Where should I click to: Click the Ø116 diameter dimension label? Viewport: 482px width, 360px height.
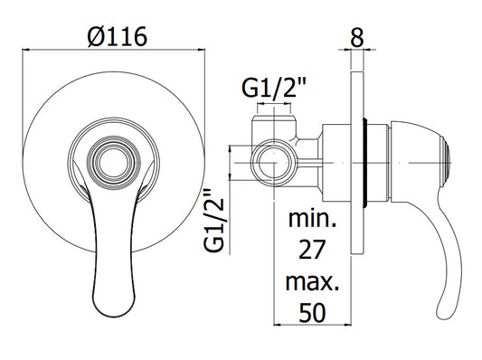tap(118, 37)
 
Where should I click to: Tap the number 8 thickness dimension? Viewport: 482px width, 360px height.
tap(357, 37)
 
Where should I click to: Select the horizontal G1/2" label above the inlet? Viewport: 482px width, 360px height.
tap(274, 88)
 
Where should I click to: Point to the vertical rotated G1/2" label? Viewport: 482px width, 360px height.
tap(214, 221)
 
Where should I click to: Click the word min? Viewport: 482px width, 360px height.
tap(312, 218)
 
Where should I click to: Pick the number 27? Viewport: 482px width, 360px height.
tap(312, 250)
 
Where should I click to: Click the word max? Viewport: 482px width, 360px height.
tap(312, 282)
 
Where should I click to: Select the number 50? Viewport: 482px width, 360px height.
tap(312, 313)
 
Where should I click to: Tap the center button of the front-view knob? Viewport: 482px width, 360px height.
tap(114, 162)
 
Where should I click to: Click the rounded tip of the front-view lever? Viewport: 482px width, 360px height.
tap(114, 309)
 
